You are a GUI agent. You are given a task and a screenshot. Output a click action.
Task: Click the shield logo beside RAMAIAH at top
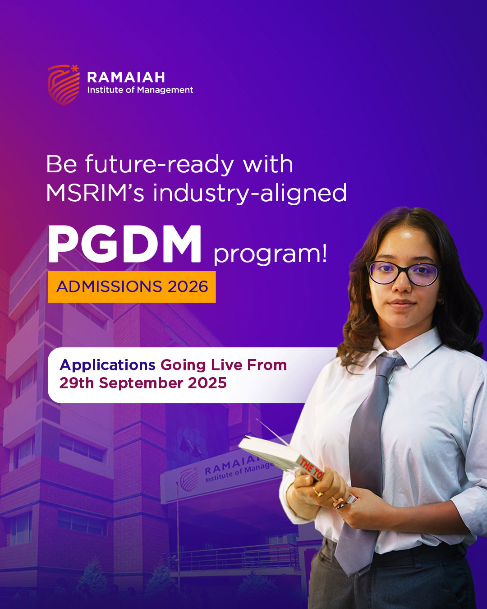(x=64, y=85)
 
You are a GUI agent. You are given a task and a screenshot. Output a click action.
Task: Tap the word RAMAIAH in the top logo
(x=126, y=77)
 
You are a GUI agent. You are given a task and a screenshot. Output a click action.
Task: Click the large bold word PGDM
(x=124, y=244)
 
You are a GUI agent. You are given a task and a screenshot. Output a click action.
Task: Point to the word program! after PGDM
(x=270, y=254)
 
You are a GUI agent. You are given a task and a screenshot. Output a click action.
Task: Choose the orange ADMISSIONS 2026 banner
(x=132, y=286)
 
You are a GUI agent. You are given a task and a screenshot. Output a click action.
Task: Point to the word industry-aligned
(x=250, y=194)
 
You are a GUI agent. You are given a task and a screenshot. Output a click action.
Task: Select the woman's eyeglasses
(x=403, y=273)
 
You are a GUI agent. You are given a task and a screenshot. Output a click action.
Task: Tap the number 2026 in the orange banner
(x=188, y=286)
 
